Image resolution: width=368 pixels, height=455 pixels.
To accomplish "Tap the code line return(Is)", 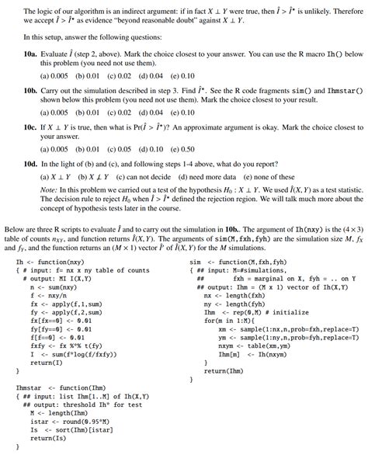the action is [x=49, y=439].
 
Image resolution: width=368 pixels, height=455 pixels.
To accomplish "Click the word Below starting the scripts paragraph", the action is [x=16, y=231].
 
